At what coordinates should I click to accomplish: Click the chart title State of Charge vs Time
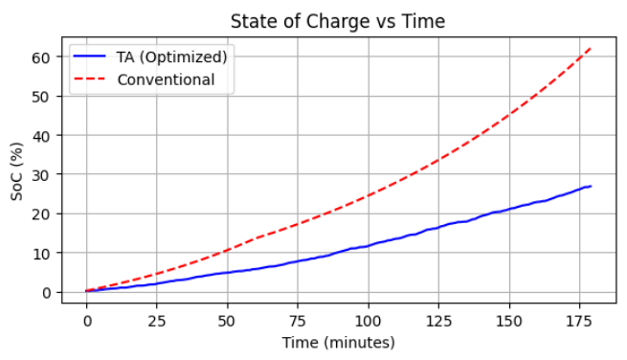point(338,21)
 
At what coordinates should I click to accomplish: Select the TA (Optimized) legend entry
point(171,57)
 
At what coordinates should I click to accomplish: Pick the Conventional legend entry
point(166,79)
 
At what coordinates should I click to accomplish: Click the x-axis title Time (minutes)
point(338,342)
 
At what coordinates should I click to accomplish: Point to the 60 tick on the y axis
point(42,57)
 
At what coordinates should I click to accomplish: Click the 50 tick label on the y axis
point(42,97)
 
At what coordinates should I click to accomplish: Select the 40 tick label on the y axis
point(42,136)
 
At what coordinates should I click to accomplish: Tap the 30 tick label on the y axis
point(42,175)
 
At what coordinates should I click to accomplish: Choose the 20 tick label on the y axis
point(42,214)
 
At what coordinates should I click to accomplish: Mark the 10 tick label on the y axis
point(42,253)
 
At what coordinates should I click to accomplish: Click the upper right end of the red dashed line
point(591,48)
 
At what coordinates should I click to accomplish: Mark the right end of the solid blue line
point(591,187)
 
